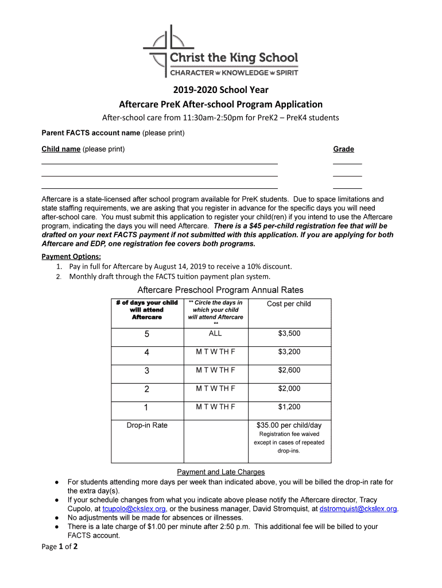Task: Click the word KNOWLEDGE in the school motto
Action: pos(245,73)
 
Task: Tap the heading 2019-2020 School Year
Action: pos(221,90)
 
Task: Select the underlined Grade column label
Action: pos(343,149)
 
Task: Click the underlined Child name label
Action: pos(60,149)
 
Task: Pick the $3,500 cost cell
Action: pos(289,334)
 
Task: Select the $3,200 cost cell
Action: pos(289,352)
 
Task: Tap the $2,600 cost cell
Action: pos(289,370)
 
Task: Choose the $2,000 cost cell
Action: pos(289,389)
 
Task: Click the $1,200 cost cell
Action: pos(289,407)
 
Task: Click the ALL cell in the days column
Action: pos(215,334)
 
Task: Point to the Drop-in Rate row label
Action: pos(147,425)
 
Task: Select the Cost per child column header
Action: pos(289,304)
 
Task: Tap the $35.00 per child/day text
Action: pos(289,425)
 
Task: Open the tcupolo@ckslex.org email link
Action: pos(134,509)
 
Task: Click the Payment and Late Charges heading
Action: pos(221,472)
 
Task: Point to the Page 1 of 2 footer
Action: pos(60,547)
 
